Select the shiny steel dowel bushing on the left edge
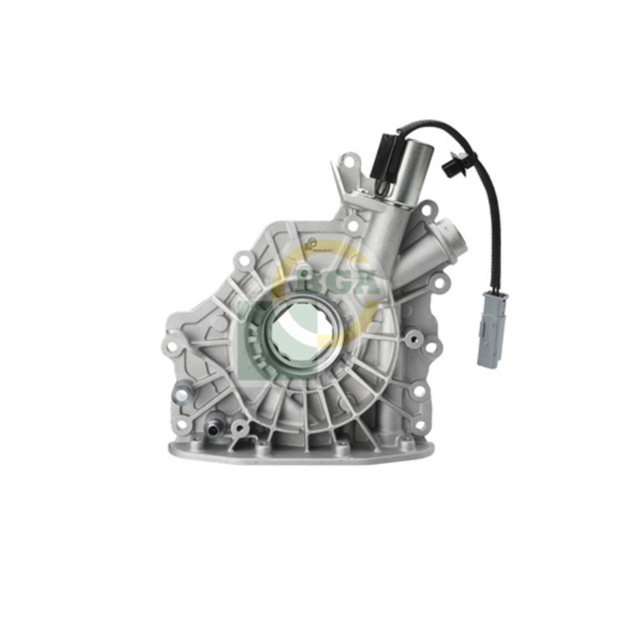pyautogui.click(x=180, y=391)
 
